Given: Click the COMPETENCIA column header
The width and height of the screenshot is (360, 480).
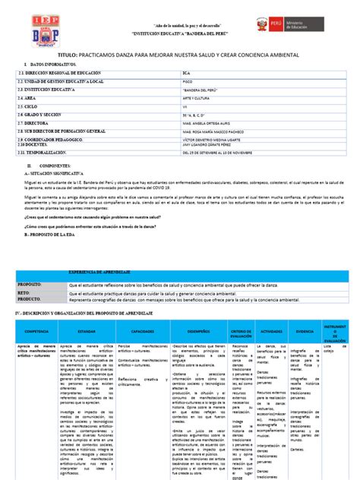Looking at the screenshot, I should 36,332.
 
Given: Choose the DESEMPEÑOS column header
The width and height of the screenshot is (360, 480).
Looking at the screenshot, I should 194,332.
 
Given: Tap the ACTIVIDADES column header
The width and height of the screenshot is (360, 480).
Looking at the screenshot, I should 271,332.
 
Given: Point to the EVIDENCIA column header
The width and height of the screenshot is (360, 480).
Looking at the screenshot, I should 305,332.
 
